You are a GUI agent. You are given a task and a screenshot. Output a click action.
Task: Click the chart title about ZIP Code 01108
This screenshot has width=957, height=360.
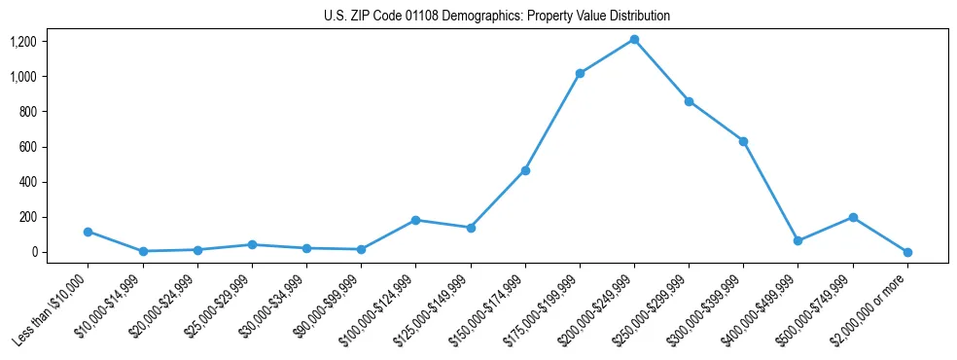497,17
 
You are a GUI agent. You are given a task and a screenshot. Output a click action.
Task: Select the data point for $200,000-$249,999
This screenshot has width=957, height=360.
634,40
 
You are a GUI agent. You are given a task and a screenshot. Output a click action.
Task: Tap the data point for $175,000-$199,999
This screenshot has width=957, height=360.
580,73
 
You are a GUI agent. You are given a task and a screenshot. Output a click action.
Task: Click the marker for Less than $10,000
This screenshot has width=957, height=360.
89,232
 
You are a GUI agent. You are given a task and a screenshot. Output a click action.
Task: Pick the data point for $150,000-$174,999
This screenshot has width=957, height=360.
525,170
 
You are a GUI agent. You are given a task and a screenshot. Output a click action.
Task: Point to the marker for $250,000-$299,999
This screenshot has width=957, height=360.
689,101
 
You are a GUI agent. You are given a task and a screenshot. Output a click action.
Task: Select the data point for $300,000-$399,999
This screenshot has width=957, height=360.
743,141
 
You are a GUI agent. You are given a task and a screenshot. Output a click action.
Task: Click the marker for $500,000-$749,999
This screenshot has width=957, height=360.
853,217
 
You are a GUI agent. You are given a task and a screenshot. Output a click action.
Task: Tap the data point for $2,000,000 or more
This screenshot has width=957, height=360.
907,252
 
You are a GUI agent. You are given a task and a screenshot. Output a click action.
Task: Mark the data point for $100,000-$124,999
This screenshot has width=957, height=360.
416,220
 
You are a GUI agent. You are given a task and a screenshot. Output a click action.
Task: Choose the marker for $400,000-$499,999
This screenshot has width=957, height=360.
797,240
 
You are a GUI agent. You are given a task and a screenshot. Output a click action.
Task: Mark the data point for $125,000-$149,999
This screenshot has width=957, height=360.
471,228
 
